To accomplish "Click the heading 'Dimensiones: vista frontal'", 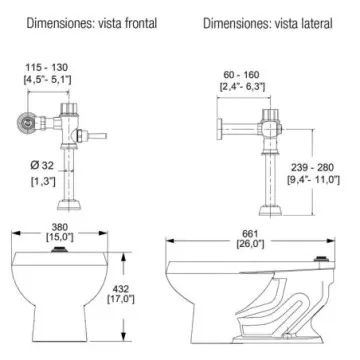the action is click(92, 24).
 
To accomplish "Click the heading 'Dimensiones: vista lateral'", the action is click(268, 24).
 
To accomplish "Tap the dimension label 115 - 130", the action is click(47, 68).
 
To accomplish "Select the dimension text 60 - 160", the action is click(242, 75).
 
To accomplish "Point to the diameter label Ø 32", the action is click(42, 165).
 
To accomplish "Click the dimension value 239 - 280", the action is click(312, 167).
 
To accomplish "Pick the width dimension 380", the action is click(60, 227).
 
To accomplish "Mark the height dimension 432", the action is click(121, 289).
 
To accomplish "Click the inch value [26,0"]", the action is click(250, 244).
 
